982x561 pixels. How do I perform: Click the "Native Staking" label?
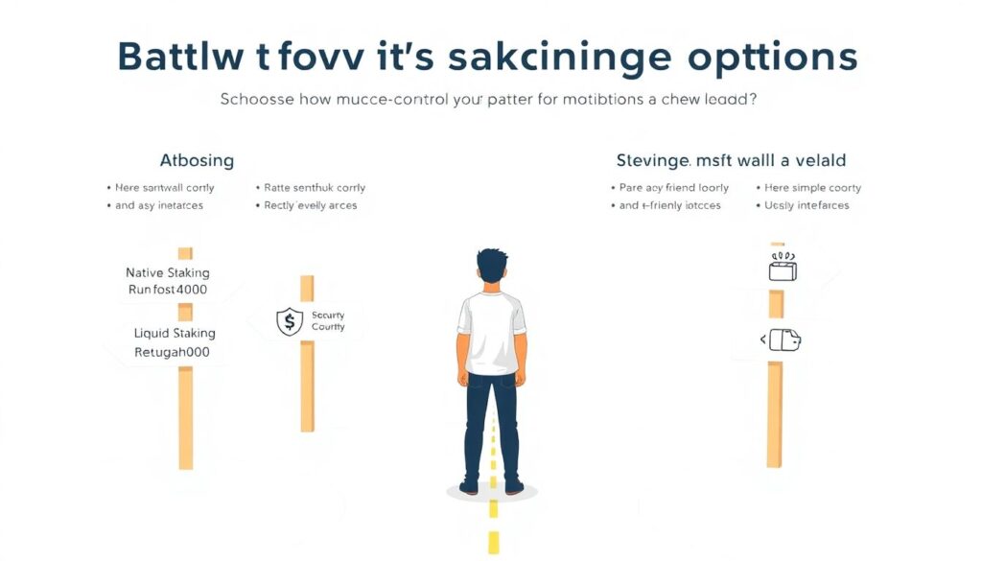(x=168, y=272)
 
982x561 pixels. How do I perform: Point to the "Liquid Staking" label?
(x=175, y=334)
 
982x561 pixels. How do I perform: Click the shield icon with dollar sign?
(x=289, y=321)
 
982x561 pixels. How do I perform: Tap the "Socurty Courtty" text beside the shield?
(x=328, y=321)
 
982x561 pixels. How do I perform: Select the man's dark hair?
(x=492, y=264)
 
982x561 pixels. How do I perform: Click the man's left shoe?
(x=469, y=487)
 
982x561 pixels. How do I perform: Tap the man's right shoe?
(x=514, y=487)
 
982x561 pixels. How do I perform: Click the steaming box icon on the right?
(x=783, y=268)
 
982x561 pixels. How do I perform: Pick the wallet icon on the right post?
(x=783, y=339)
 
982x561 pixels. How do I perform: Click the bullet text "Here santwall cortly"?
(x=164, y=188)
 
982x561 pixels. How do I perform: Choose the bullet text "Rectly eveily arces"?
(x=310, y=205)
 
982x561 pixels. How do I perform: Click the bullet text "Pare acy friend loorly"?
(x=673, y=188)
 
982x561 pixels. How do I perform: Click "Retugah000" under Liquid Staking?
(x=172, y=352)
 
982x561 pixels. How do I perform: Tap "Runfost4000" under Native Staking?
(x=168, y=290)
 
